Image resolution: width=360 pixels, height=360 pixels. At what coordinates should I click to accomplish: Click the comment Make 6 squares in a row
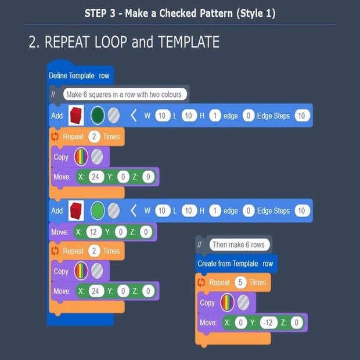(x=124, y=94)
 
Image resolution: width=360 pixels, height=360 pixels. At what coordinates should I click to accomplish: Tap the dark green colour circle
(x=97, y=116)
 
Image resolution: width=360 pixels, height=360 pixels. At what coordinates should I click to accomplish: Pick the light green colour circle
(x=97, y=211)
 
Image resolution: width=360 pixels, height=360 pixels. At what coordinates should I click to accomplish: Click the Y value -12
(x=269, y=322)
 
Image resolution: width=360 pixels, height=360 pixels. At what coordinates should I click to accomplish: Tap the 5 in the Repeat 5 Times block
(x=240, y=282)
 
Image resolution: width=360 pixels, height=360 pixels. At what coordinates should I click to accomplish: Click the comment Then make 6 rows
(x=238, y=244)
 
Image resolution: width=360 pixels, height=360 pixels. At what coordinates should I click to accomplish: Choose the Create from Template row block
(x=235, y=264)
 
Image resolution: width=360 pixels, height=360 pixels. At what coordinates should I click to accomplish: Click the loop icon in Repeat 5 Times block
(x=201, y=282)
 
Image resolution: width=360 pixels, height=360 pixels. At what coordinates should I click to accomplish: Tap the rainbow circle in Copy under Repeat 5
(x=227, y=303)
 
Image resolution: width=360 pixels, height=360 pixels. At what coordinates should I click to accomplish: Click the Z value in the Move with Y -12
(x=296, y=322)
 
